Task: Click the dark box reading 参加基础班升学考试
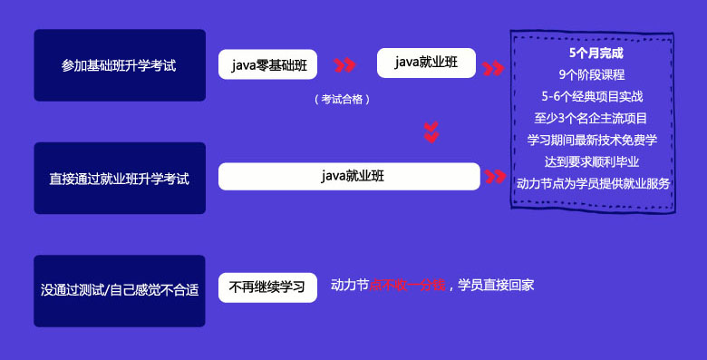(x=119, y=65)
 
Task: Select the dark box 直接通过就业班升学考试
(x=119, y=178)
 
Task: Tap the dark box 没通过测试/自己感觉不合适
(x=119, y=290)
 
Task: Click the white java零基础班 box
(x=267, y=64)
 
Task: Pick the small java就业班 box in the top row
(x=426, y=63)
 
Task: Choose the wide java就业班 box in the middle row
(x=349, y=176)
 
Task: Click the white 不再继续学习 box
(x=267, y=287)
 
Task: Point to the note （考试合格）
(x=342, y=99)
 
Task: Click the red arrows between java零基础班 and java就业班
(x=344, y=65)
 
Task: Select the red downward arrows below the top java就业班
(x=431, y=132)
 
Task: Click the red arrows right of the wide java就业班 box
(x=496, y=176)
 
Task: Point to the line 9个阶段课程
(x=592, y=74)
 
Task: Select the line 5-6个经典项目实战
(x=592, y=96)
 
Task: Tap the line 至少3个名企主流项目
(x=592, y=118)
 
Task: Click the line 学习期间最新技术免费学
(x=592, y=140)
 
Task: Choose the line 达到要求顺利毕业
(x=592, y=161)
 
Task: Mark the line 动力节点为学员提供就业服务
(x=593, y=183)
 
